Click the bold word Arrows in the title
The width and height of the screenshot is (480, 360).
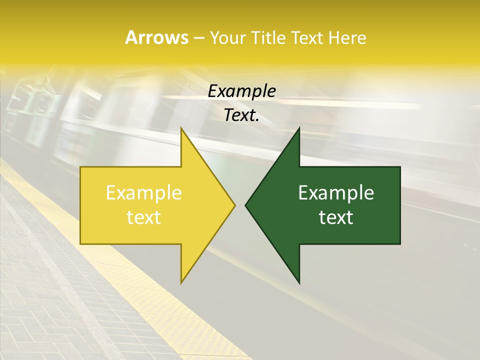pos(156,37)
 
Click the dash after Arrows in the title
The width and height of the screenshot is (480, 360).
pos(198,38)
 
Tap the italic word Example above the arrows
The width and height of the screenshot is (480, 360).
pos(241,91)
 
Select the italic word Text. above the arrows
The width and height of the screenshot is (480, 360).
pos(241,115)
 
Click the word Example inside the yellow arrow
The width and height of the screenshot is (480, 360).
pos(144,192)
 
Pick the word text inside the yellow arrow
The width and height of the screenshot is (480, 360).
pos(144,217)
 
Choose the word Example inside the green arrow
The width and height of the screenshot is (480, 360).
pos(336,192)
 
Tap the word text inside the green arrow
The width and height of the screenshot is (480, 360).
pos(336,217)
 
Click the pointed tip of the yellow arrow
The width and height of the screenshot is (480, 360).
pos(234,205)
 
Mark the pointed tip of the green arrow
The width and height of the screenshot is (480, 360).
pos(245,205)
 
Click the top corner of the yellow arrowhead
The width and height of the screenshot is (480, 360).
pos(181,128)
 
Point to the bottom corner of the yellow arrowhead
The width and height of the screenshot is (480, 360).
pos(181,282)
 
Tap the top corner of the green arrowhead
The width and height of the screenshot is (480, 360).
pos(299,128)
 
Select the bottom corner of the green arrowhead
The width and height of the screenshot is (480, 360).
pos(299,283)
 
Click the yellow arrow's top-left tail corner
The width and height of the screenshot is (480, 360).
pos(81,167)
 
